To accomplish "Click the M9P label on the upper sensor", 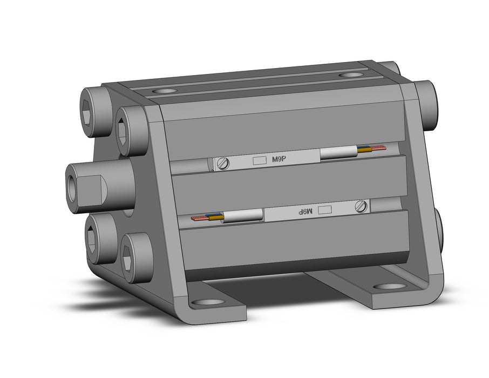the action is coord(279,159).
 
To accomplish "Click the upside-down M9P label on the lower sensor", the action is coord(305,212).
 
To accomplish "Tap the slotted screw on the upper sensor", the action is coord(223,163).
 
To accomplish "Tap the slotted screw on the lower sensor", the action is coord(361,206).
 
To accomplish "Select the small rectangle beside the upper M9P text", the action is coord(259,160).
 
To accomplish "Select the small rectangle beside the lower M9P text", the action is coord(324,210).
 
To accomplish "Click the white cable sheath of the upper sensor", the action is coord(338,153).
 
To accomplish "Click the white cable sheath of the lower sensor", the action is coord(242,215).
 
